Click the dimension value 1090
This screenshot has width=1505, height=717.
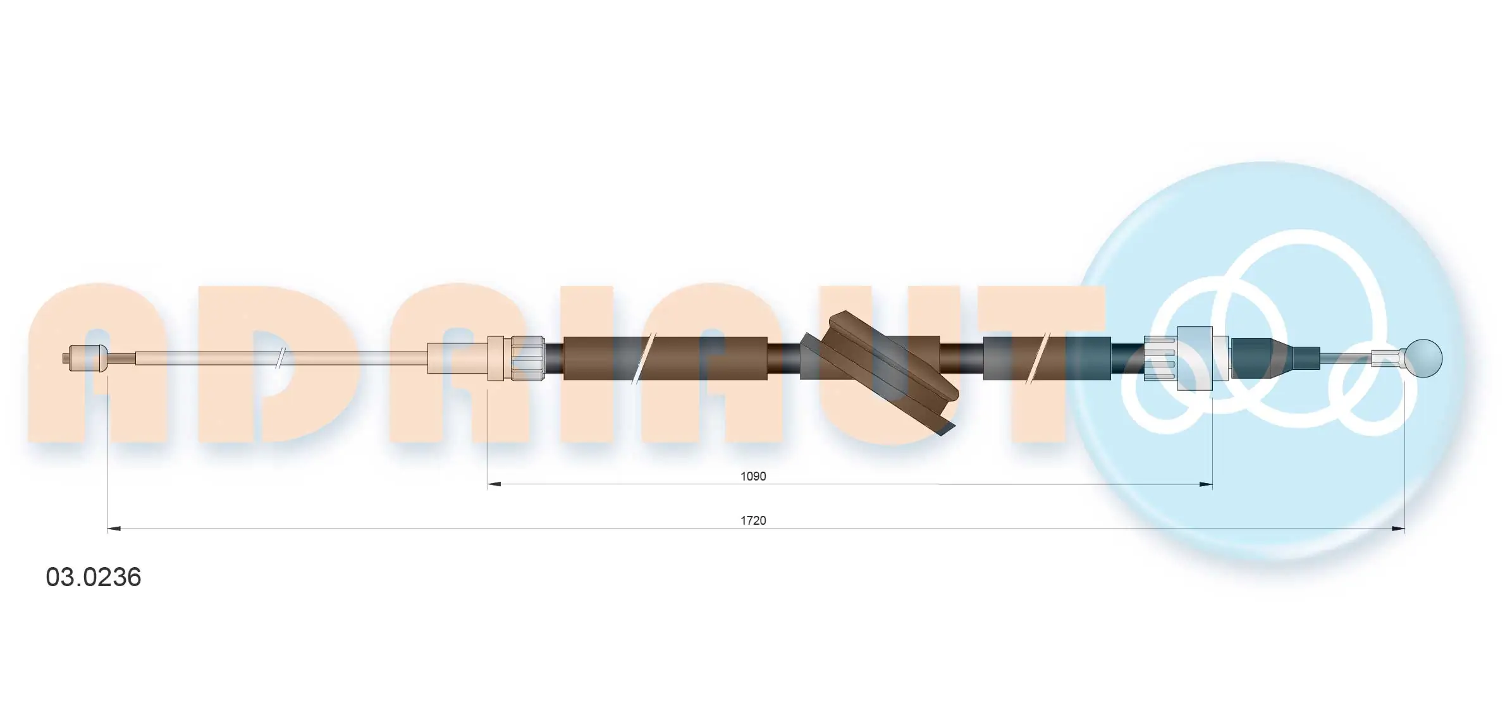pyautogui.click(x=752, y=476)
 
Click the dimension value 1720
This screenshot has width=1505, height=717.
pyautogui.click(x=752, y=520)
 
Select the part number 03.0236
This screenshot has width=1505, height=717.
pyautogui.click(x=94, y=577)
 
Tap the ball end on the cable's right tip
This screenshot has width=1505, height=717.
pyautogui.click(x=1425, y=358)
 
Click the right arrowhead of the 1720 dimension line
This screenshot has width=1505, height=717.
pyautogui.click(x=1398, y=529)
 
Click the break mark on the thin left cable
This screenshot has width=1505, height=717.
pyautogui.click(x=280, y=358)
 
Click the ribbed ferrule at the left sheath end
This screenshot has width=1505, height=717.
pyautogui.click(x=527, y=358)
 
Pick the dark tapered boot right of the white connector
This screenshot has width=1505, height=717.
pyautogui.click(x=1258, y=358)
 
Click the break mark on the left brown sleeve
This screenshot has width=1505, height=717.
pyautogui.click(x=643, y=358)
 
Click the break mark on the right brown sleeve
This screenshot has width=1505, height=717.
pyautogui.click(x=1037, y=358)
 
